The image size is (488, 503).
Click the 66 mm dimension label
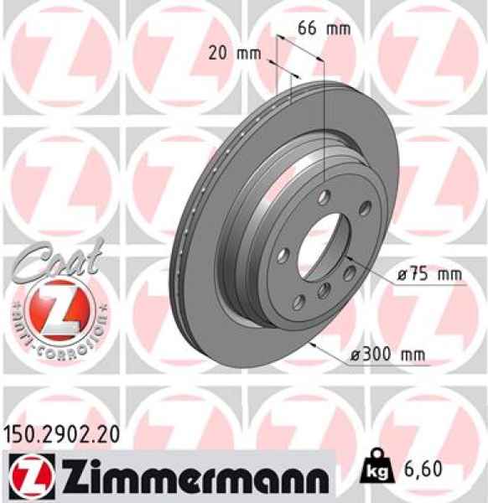coord(323,28)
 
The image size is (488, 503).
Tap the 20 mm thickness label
coord(234,54)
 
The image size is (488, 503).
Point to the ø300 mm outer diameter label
coord(387,355)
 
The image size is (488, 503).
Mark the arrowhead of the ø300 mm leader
coord(311,343)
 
